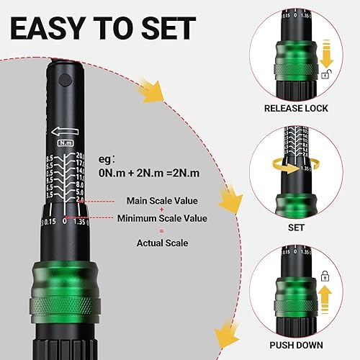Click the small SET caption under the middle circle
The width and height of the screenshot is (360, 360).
296,227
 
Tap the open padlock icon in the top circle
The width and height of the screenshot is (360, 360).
326,74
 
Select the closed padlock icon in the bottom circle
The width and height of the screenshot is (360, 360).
325,275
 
